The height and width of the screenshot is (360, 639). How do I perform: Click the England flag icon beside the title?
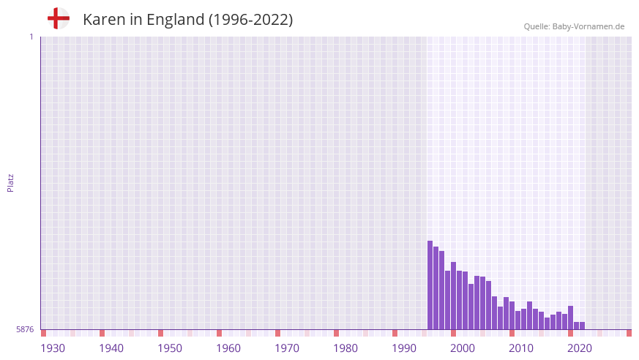pyautogui.click(x=59, y=18)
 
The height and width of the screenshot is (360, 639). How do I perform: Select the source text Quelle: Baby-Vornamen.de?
pyautogui.click(x=574, y=26)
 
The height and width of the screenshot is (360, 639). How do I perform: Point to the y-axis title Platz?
pyautogui.click(x=10, y=182)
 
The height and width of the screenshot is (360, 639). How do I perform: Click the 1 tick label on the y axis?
pyautogui.click(x=31, y=37)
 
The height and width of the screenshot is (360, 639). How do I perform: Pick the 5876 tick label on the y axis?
pyautogui.click(x=25, y=329)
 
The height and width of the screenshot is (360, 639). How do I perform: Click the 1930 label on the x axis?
pyautogui.click(x=53, y=348)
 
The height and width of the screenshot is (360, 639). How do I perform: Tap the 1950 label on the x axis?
pyautogui.click(x=170, y=348)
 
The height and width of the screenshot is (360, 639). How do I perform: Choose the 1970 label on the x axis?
pyautogui.click(x=287, y=348)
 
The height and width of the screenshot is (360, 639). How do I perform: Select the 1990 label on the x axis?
pyautogui.click(x=404, y=348)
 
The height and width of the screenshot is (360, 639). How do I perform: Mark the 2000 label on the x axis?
pyautogui.click(x=463, y=348)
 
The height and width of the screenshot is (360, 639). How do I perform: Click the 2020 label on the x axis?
pyautogui.click(x=580, y=348)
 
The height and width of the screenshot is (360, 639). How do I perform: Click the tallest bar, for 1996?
pyautogui.click(x=430, y=285)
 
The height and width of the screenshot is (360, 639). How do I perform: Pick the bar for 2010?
pyautogui.click(x=512, y=315)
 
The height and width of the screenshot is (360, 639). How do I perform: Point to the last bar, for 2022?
pyautogui.click(x=583, y=326)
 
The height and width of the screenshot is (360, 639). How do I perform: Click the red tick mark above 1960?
pyautogui.click(x=219, y=333)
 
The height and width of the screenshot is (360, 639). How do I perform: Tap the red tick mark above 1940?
pyautogui.click(x=102, y=333)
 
